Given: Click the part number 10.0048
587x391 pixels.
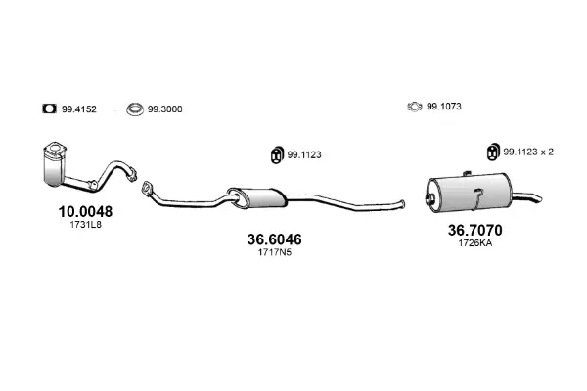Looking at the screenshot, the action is pyautogui.click(x=85, y=212).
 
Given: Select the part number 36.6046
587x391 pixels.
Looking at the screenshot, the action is pyautogui.click(x=274, y=239).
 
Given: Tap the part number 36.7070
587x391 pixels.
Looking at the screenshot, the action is pyautogui.click(x=475, y=230).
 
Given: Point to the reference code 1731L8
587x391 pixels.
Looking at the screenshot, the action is pyautogui.click(x=85, y=225).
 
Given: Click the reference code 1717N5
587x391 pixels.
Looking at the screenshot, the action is pyautogui.click(x=274, y=252).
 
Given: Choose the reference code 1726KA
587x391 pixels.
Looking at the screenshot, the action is pyautogui.click(x=475, y=243).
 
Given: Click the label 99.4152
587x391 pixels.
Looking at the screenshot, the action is pyautogui.click(x=79, y=109).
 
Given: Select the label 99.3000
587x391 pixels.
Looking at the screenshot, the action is pyautogui.click(x=164, y=109).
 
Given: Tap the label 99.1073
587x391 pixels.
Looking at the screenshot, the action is pyautogui.click(x=444, y=107).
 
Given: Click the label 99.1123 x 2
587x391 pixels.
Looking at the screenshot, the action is pyautogui.click(x=528, y=152).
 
